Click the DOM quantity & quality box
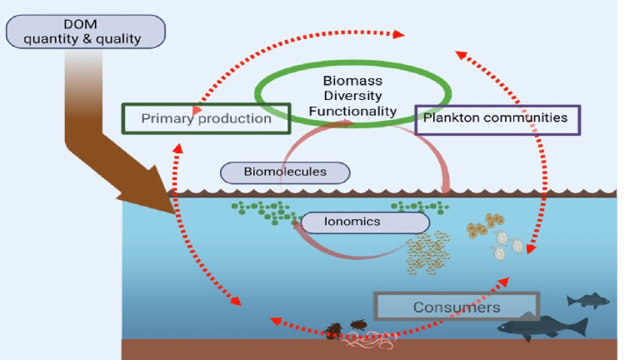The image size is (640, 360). point(86,32)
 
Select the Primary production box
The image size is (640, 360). point(206,118)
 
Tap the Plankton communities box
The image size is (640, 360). point(497,120)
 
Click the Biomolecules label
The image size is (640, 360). point(285,172)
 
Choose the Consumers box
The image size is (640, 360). point(457,307)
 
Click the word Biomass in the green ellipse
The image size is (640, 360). point(352,81)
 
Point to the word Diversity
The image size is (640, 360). point(352,96)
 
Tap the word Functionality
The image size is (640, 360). point(352,111)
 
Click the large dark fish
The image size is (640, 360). point(542,327)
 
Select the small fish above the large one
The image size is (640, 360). point(588,301)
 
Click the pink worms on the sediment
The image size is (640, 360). point(369,340)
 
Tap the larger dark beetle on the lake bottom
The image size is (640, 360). point(334,331)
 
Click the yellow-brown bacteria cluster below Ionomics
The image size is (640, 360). point(428,252)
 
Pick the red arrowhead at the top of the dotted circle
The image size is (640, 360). point(399,34)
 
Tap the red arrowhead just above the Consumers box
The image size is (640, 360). point(503,282)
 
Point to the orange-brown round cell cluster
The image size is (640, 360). point(485,225)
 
